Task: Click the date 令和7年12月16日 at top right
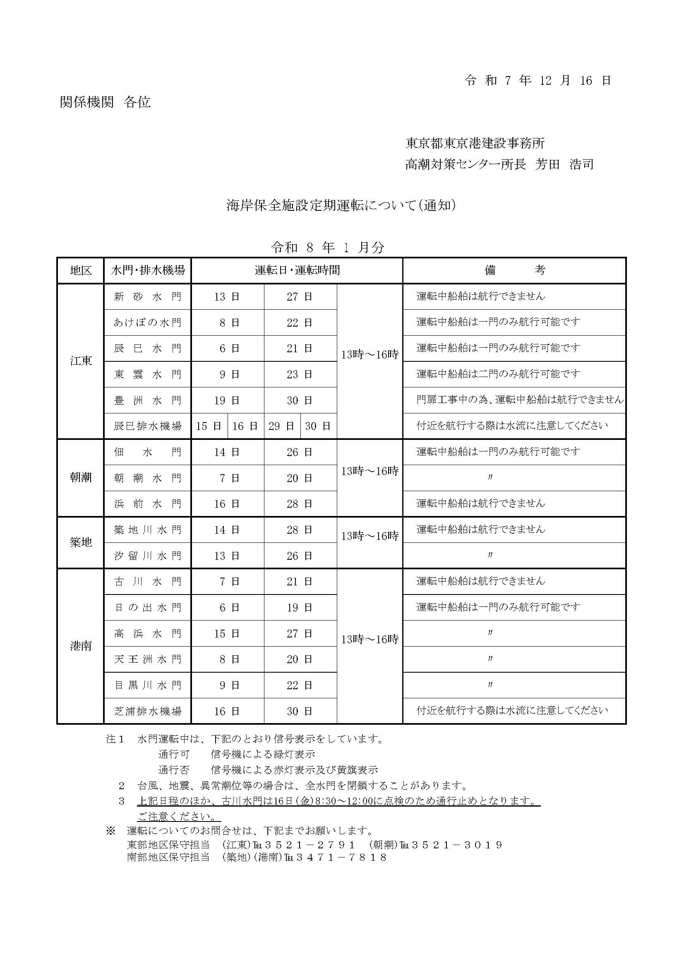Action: [538, 81]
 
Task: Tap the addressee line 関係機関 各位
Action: [105, 103]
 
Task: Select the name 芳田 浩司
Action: [564, 164]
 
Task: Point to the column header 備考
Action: [515, 270]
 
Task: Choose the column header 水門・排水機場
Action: [148, 270]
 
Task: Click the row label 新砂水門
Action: [148, 297]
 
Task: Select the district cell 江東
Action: [81, 361]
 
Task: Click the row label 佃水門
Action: [148, 452]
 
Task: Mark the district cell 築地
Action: [81, 542]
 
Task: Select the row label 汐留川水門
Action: [148, 556]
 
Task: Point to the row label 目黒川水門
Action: [148, 685]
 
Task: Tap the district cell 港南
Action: [81, 646]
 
